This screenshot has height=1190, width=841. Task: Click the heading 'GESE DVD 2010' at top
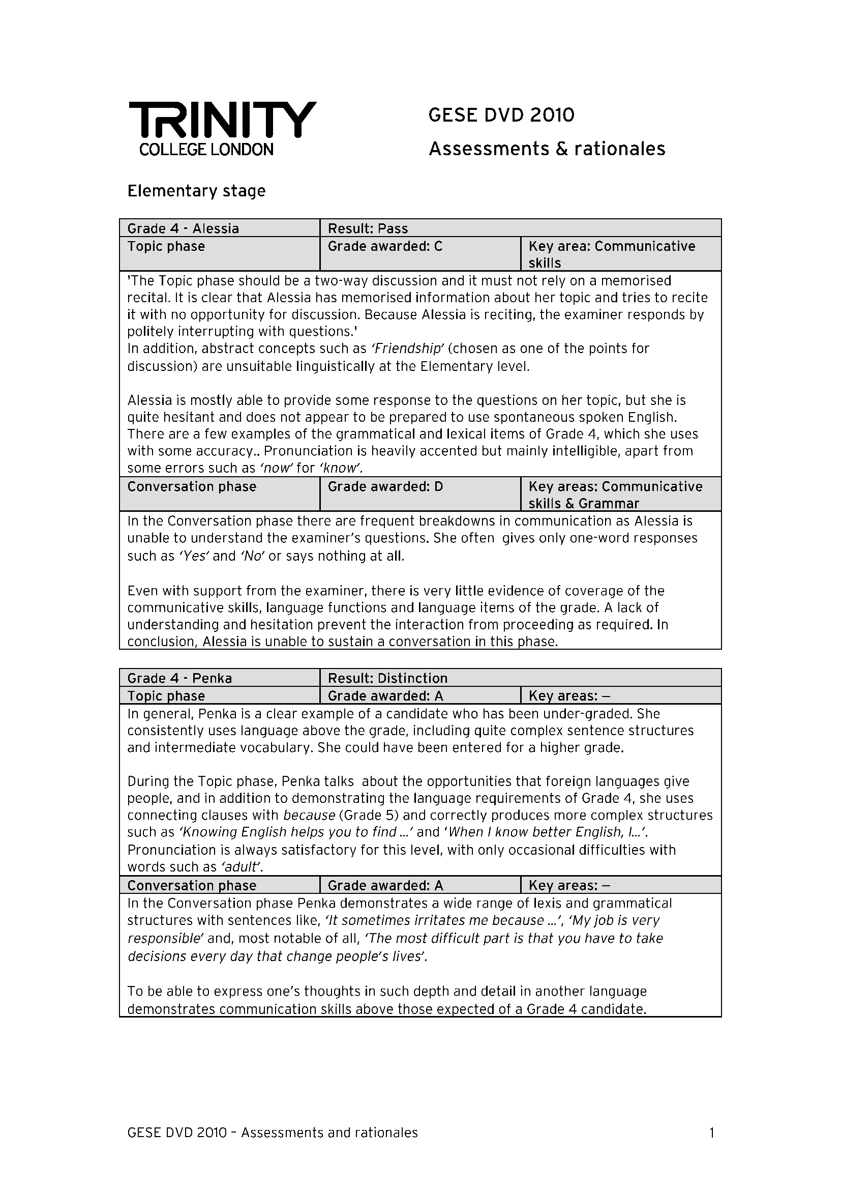(501, 115)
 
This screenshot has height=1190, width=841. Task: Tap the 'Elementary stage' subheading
(196, 191)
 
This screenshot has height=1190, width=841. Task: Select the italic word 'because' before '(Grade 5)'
(310, 815)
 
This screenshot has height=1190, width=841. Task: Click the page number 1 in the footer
(711, 1133)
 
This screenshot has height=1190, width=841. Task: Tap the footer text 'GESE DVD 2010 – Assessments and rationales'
(273, 1133)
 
